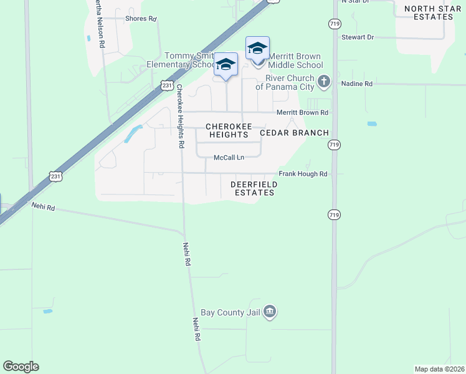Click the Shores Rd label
[x=140, y=19]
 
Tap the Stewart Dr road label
[x=357, y=37]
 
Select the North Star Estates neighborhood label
[x=429, y=12]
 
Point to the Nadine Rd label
[x=356, y=84]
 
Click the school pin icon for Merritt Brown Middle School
[x=257, y=48]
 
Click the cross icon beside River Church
[x=323, y=81]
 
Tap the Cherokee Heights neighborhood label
[x=229, y=130]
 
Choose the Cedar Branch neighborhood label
[x=294, y=133]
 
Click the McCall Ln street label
[x=228, y=158]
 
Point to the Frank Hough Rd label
[x=303, y=174]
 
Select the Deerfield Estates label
[x=252, y=188]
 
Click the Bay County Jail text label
[x=230, y=312]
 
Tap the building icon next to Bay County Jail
[x=269, y=312]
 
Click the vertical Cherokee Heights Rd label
[x=181, y=116]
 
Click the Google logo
[x=21, y=367]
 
